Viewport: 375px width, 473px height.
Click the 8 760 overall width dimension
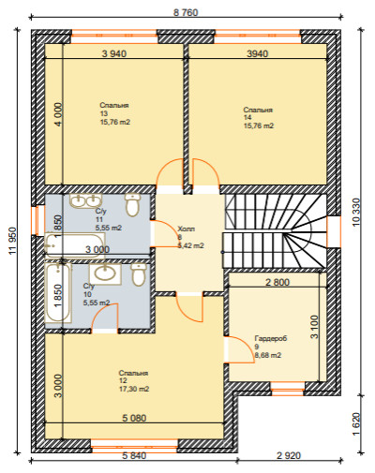(x=186, y=12)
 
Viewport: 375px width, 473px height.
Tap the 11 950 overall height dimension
(x=12, y=241)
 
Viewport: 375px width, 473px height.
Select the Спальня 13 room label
(x=114, y=113)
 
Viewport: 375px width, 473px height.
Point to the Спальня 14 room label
(x=259, y=118)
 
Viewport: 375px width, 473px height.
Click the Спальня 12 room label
(x=134, y=381)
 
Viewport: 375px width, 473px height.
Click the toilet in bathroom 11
(x=132, y=204)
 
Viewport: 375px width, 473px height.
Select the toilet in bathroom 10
(x=139, y=274)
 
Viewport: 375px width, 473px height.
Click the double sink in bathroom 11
(x=85, y=200)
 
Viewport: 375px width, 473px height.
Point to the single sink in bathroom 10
(x=105, y=273)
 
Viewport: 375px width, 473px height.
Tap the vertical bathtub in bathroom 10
(x=58, y=293)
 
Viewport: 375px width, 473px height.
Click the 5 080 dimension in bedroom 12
(x=134, y=418)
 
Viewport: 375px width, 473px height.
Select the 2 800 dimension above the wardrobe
(x=277, y=282)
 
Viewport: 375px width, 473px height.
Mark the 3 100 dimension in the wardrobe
(x=314, y=327)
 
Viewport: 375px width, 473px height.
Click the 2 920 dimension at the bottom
(x=289, y=455)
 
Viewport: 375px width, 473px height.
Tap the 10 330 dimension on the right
(x=356, y=212)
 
